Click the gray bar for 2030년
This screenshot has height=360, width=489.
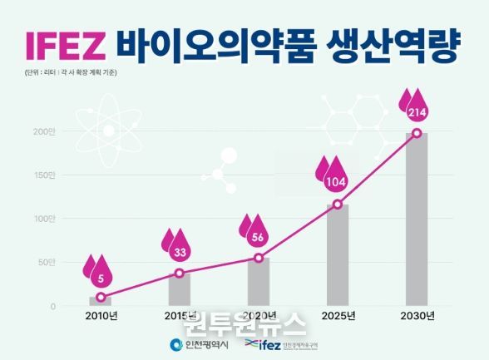417,220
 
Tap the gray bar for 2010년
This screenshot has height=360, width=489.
101,301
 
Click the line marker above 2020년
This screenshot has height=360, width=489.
259,258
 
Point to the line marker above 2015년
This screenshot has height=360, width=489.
180,273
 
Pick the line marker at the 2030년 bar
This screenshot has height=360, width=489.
417,133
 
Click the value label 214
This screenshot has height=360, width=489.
417,111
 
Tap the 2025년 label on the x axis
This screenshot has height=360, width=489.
338,317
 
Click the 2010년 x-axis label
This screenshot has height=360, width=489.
101,317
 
